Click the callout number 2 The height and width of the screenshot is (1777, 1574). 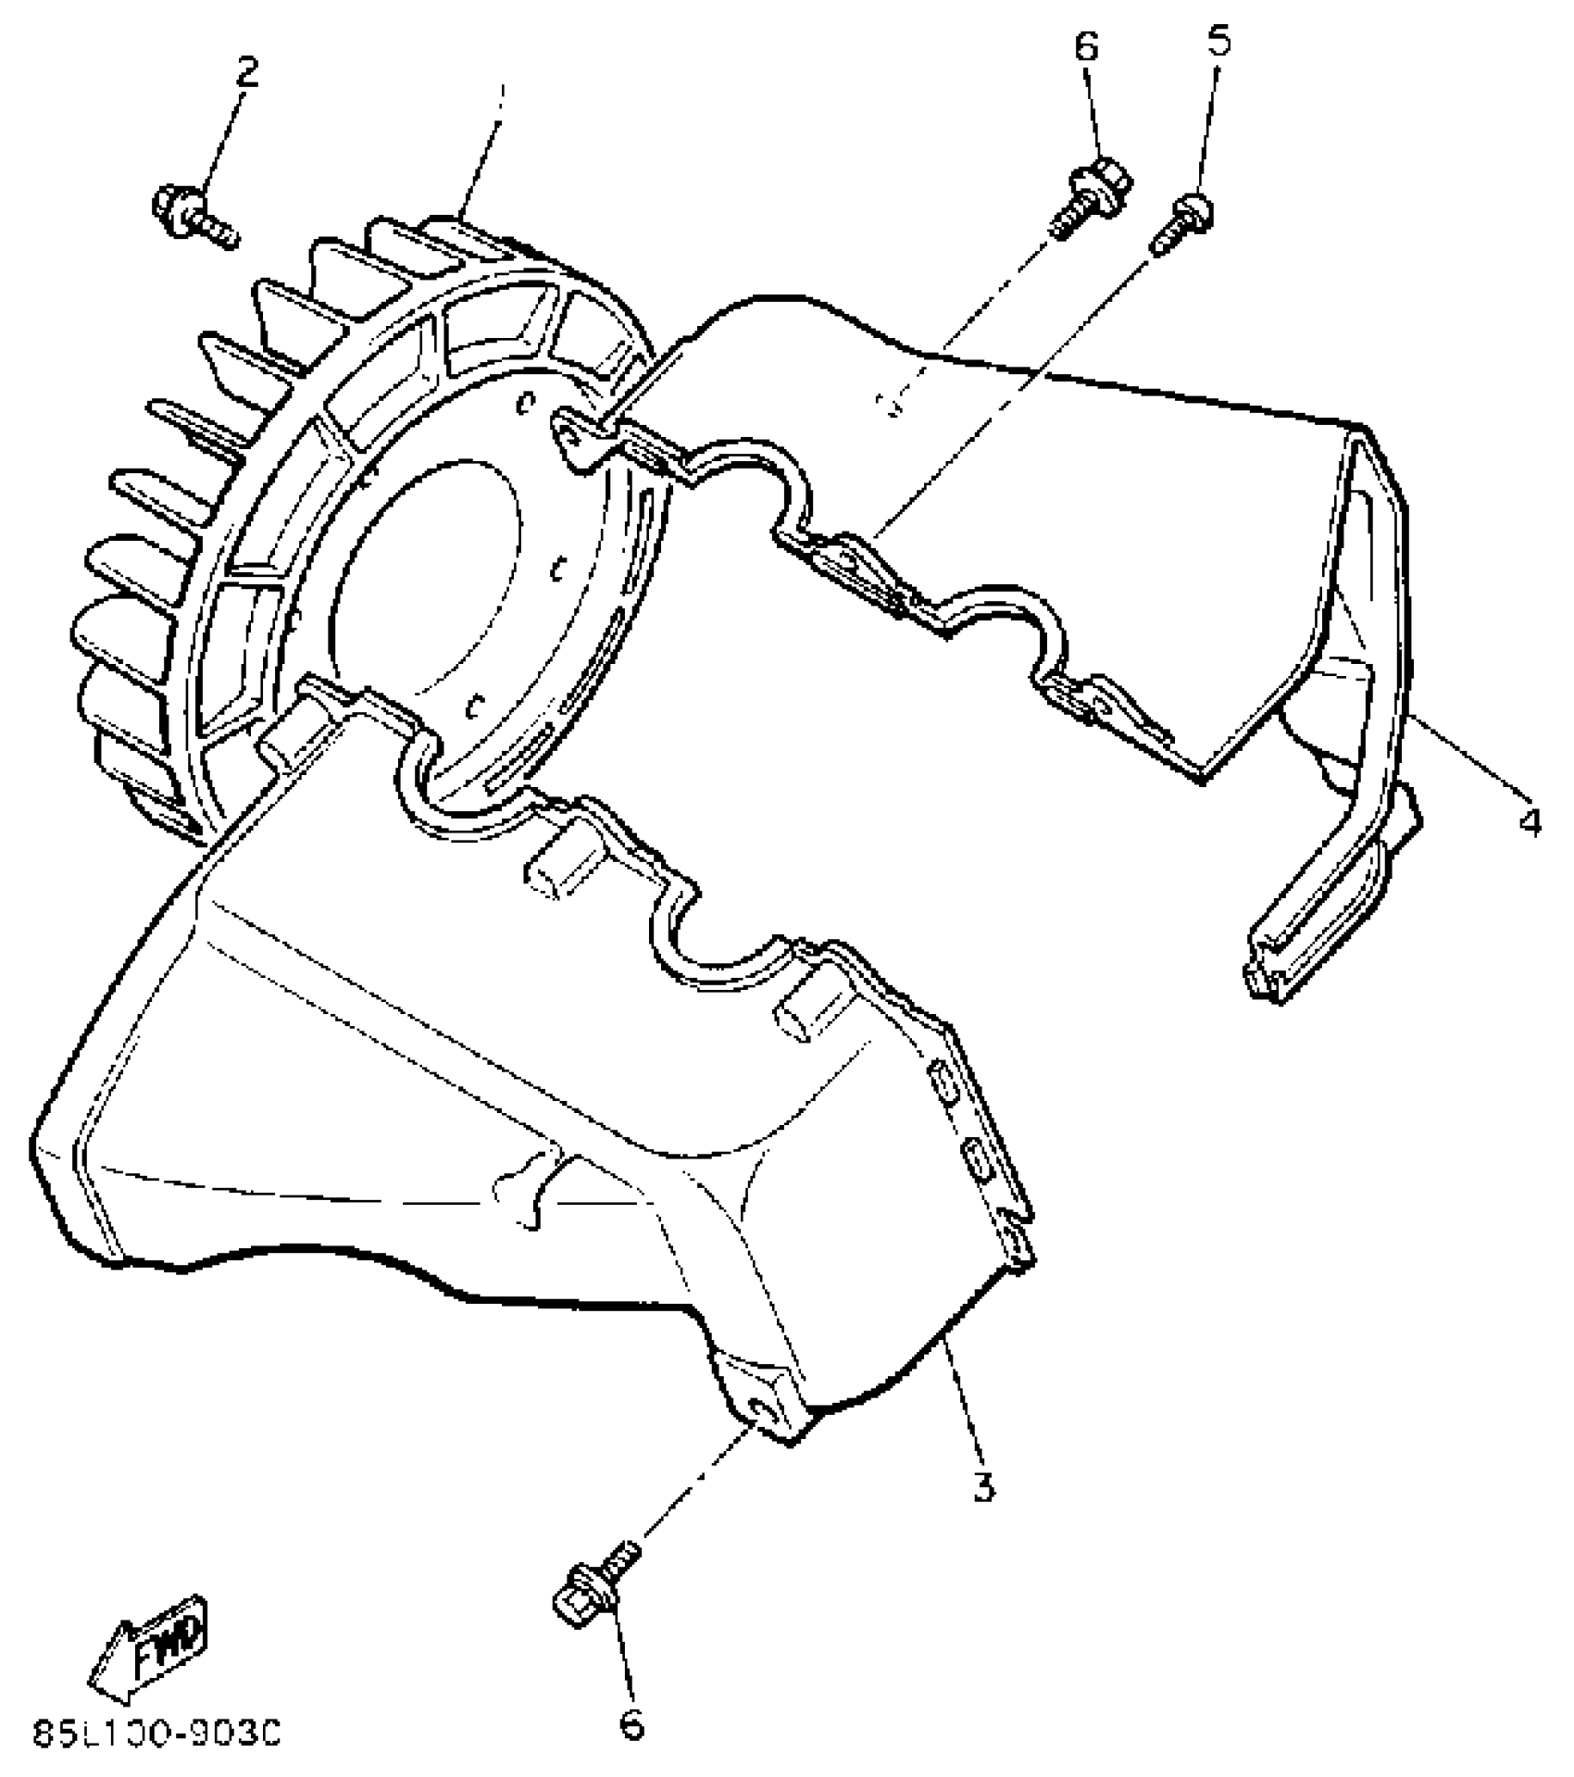pos(246,72)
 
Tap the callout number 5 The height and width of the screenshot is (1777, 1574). pos(1219,42)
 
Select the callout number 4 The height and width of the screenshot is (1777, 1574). pos(1530,820)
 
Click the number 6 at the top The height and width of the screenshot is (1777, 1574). pos(1087,46)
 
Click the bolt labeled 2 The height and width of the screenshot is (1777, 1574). pos(194,213)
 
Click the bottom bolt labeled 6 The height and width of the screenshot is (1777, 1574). pos(593,1591)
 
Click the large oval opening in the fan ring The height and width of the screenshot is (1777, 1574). pos(426,574)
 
